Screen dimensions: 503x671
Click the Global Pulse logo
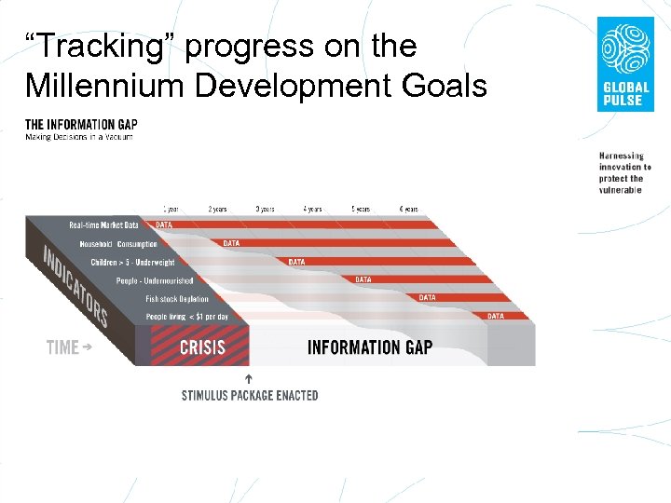624,64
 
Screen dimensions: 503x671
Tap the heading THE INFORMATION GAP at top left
81,124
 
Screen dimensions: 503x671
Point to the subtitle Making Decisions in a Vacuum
79,137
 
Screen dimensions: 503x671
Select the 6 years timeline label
408,210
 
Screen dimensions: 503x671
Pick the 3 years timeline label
265,210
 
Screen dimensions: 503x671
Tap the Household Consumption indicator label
118,244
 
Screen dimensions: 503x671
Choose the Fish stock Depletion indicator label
177,299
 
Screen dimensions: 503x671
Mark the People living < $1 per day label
186,318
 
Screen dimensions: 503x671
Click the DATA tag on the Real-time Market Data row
164,224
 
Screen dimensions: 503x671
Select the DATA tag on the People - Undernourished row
363,279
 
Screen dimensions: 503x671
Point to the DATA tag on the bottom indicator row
495,317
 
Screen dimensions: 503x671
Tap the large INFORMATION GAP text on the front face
369,347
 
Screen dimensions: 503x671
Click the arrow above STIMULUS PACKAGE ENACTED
249,378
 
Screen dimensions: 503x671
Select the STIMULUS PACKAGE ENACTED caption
249,396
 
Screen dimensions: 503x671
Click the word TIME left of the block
63,347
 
